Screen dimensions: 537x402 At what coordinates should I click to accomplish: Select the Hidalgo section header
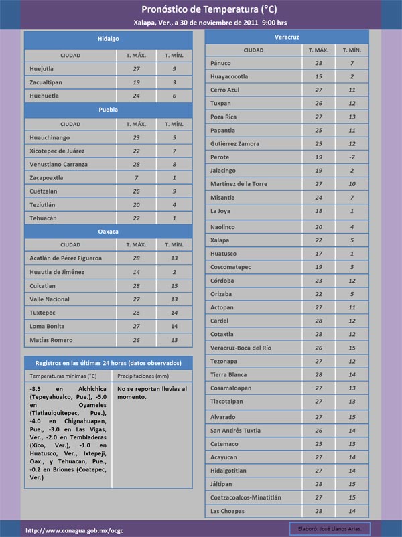[108, 39]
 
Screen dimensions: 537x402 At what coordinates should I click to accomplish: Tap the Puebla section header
[108, 108]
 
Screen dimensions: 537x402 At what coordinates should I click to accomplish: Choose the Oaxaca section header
[108, 231]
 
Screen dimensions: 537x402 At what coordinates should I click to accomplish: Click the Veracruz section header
[287, 35]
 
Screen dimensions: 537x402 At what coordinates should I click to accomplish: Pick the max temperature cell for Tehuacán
[136, 218]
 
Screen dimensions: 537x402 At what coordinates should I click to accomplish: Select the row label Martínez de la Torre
[239, 184]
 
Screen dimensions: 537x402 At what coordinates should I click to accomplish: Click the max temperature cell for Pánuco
[318, 63]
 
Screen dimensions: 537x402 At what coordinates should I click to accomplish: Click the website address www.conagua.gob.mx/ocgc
[74, 530]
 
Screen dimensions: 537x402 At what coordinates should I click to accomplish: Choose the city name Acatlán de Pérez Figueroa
[66, 258]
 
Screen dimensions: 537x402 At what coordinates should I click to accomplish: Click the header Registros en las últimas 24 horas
[108, 362]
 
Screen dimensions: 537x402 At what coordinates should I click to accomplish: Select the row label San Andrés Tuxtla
[235, 430]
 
